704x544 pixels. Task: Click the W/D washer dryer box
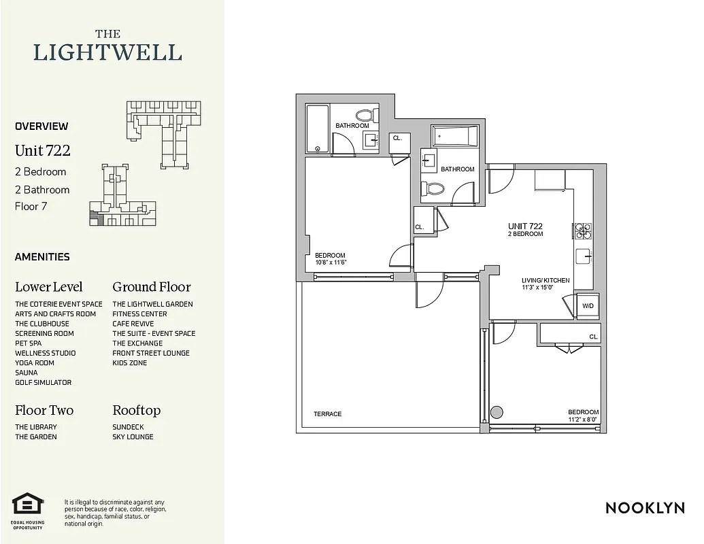pyautogui.click(x=587, y=306)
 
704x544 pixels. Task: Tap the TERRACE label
pyautogui.click(x=327, y=413)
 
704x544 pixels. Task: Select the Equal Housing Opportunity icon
pyautogui.click(x=28, y=507)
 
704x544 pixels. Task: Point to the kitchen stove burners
pyautogui.click(x=583, y=232)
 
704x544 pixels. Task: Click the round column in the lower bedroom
pyautogui.click(x=497, y=412)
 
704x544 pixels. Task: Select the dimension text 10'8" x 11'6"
pyautogui.click(x=332, y=262)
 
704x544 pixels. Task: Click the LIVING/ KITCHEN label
pyautogui.click(x=546, y=280)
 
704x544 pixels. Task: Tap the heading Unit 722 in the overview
pyautogui.click(x=42, y=150)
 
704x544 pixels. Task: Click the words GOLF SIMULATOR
pyautogui.click(x=43, y=382)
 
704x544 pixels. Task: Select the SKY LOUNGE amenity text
pyautogui.click(x=133, y=437)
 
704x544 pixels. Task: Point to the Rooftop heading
pyautogui.click(x=136, y=410)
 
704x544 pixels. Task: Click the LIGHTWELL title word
pyautogui.click(x=107, y=52)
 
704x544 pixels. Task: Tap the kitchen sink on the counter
pyautogui.click(x=584, y=256)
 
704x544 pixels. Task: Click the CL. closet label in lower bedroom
pyautogui.click(x=593, y=337)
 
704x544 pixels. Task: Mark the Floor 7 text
pyautogui.click(x=31, y=207)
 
